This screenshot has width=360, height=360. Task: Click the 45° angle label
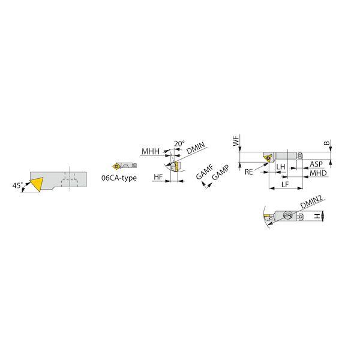pos(17,185)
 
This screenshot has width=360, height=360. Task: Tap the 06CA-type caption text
pos(119,178)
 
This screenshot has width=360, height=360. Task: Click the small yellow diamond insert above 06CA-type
pos(116,166)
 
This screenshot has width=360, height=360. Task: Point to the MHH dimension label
pos(151,152)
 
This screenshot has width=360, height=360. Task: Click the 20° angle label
pos(179,144)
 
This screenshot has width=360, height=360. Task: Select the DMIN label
pos(196,148)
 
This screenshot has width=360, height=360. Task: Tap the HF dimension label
pos(158,177)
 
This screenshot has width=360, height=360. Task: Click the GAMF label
pos(205,172)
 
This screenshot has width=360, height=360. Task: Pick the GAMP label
pos(220,173)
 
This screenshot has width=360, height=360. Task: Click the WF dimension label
pos(236,140)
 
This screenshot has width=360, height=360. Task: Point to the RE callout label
pos(249,172)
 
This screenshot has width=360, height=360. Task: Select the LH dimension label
pos(281,167)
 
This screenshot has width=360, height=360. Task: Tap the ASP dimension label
pos(316,164)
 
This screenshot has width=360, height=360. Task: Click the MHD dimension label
pos(318,173)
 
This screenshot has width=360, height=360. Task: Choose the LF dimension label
pos(284,184)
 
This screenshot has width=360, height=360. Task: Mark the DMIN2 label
pos(311,202)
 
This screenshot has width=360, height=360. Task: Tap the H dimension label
pos(317,216)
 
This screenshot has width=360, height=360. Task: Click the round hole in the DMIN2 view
pos(287,215)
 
